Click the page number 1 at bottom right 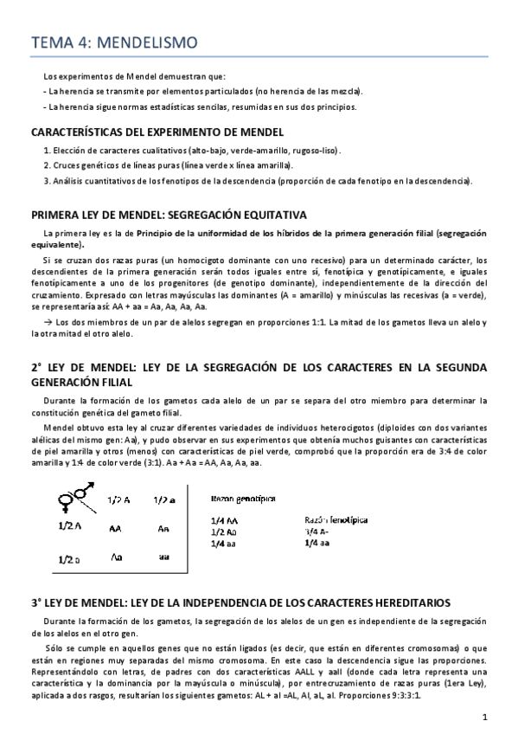tap(486, 716)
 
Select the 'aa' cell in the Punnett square tap(164, 558)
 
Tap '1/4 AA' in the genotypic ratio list tap(224, 520)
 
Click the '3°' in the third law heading tap(36, 602)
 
